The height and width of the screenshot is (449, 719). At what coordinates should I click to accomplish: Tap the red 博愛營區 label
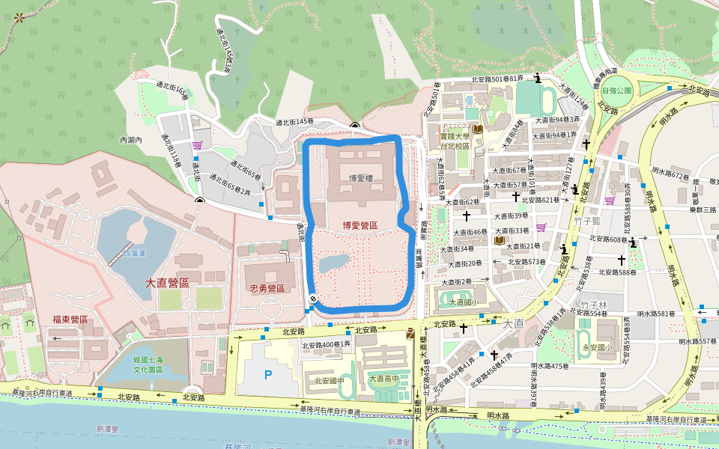[359, 224]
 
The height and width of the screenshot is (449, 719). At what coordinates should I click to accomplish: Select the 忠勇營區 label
[266, 288]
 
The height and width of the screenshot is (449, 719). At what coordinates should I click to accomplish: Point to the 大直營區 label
[167, 283]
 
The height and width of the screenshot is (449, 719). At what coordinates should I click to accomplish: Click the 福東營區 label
[70, 320]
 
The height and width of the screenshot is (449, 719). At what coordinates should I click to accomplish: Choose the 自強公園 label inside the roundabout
[616, 90]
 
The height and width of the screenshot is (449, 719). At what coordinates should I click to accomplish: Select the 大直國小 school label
[463, 302]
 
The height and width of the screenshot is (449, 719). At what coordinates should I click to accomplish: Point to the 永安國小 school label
[597, 347]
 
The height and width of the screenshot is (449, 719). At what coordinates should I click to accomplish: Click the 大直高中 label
[383, 379]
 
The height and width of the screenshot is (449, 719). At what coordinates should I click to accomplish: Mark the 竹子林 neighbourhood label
[593, 305]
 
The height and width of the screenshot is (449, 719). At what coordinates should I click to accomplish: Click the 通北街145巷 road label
[294, 121]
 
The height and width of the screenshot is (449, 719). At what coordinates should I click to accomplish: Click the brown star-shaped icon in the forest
[19, 16]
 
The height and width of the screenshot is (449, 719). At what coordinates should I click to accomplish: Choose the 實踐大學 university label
[454, 141]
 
